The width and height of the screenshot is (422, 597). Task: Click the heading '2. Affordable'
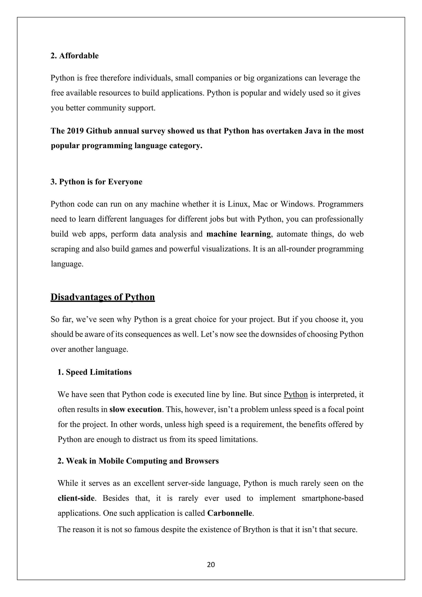(75, 56)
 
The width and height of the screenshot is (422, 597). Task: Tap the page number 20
(211, 564)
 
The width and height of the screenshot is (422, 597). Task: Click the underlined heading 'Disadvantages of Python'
(103, 297)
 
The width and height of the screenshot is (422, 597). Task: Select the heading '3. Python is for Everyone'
(96, 182)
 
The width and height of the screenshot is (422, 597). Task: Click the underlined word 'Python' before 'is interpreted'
(295, 394)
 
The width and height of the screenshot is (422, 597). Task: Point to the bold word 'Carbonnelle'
(230, 513)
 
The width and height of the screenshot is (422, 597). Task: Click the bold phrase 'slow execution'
(135, 410)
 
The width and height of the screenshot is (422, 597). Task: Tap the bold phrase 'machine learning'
(239, 234)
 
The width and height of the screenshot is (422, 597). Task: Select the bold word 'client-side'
(76, 498)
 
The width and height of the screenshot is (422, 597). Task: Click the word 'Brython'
(256, 529)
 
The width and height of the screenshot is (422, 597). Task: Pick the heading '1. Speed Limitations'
(95, 372)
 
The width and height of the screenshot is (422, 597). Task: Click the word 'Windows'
(294, 204)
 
